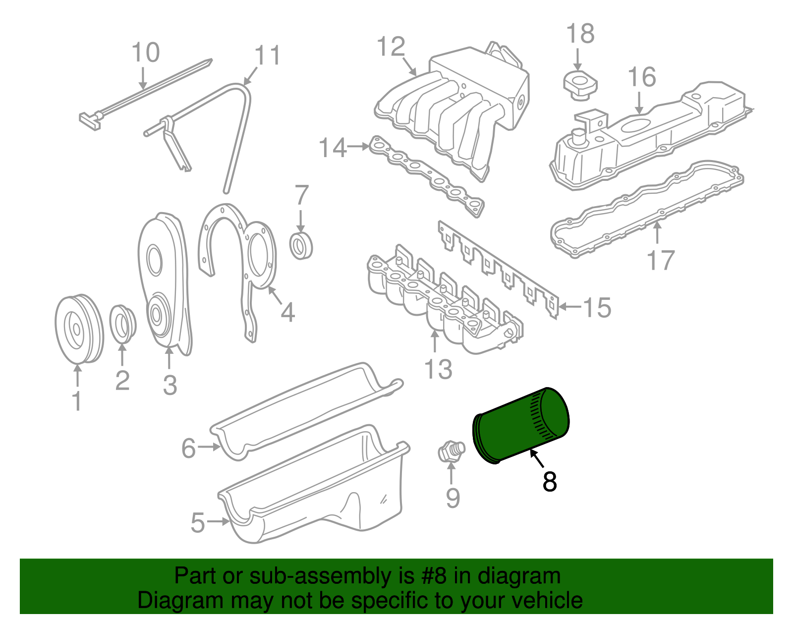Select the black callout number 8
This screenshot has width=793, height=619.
click(x=550, y=481)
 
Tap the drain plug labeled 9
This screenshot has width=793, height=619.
click(x=451, y=451)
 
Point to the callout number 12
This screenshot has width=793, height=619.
click(x=391, y=47)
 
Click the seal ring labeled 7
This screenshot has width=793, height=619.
click(x=301, y=245)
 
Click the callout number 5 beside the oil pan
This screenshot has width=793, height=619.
click(x=197, y=523)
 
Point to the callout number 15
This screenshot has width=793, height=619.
click(x=597, y=308)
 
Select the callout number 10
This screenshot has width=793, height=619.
click(x=146, y=53)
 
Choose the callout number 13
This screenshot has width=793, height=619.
click(x=438, y=369)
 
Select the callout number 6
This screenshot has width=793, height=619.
click(x=189, y=448)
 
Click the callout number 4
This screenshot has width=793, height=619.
click(x=287, y=313)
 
